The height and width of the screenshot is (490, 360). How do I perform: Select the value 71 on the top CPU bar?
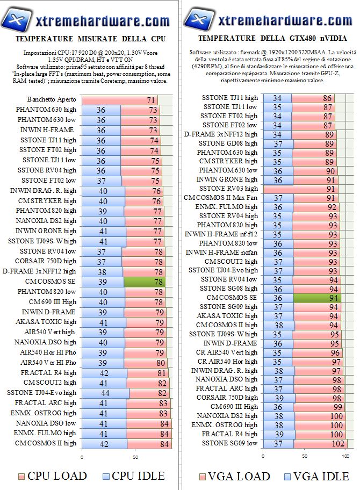click(151, 100)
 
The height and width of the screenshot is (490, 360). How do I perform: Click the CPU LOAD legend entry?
click(52, 476)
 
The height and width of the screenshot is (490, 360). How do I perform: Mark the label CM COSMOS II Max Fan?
click(221, 198)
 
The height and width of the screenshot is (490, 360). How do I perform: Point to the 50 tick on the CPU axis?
click(136, 456)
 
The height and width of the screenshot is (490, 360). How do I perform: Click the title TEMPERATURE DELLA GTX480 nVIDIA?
click(272, 39)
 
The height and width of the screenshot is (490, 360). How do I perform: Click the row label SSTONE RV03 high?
click(228, 189)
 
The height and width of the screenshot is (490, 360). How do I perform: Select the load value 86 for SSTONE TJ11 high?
click(327, 98)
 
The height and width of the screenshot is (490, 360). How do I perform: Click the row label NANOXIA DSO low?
click(46, 423)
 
